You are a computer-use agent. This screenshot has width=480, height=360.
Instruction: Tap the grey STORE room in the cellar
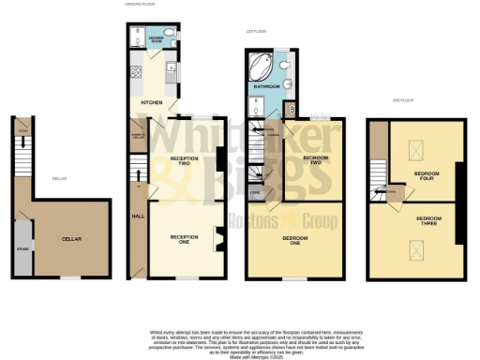point(22,249)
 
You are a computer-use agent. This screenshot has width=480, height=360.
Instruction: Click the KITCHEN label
point(151,101)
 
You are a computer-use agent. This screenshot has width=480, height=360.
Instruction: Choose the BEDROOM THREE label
point(428,220)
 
